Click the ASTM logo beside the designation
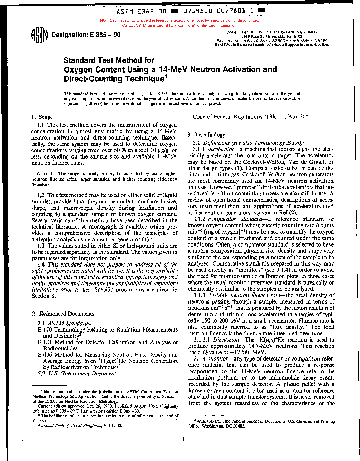pyautogui.click(x=39, y=35)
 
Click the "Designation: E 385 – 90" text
pyautogui.click(x=86, y=35)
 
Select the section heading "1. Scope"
pyautogui.click(x=42, y=117)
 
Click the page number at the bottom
pyautogui.click(x=183, y=439)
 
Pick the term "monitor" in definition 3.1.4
pyautogui.click(x=218, y=358)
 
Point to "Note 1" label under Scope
pyautogui.click(x=45, y=174)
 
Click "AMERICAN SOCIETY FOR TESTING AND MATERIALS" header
pyautogui.click(x=272, y=32)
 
